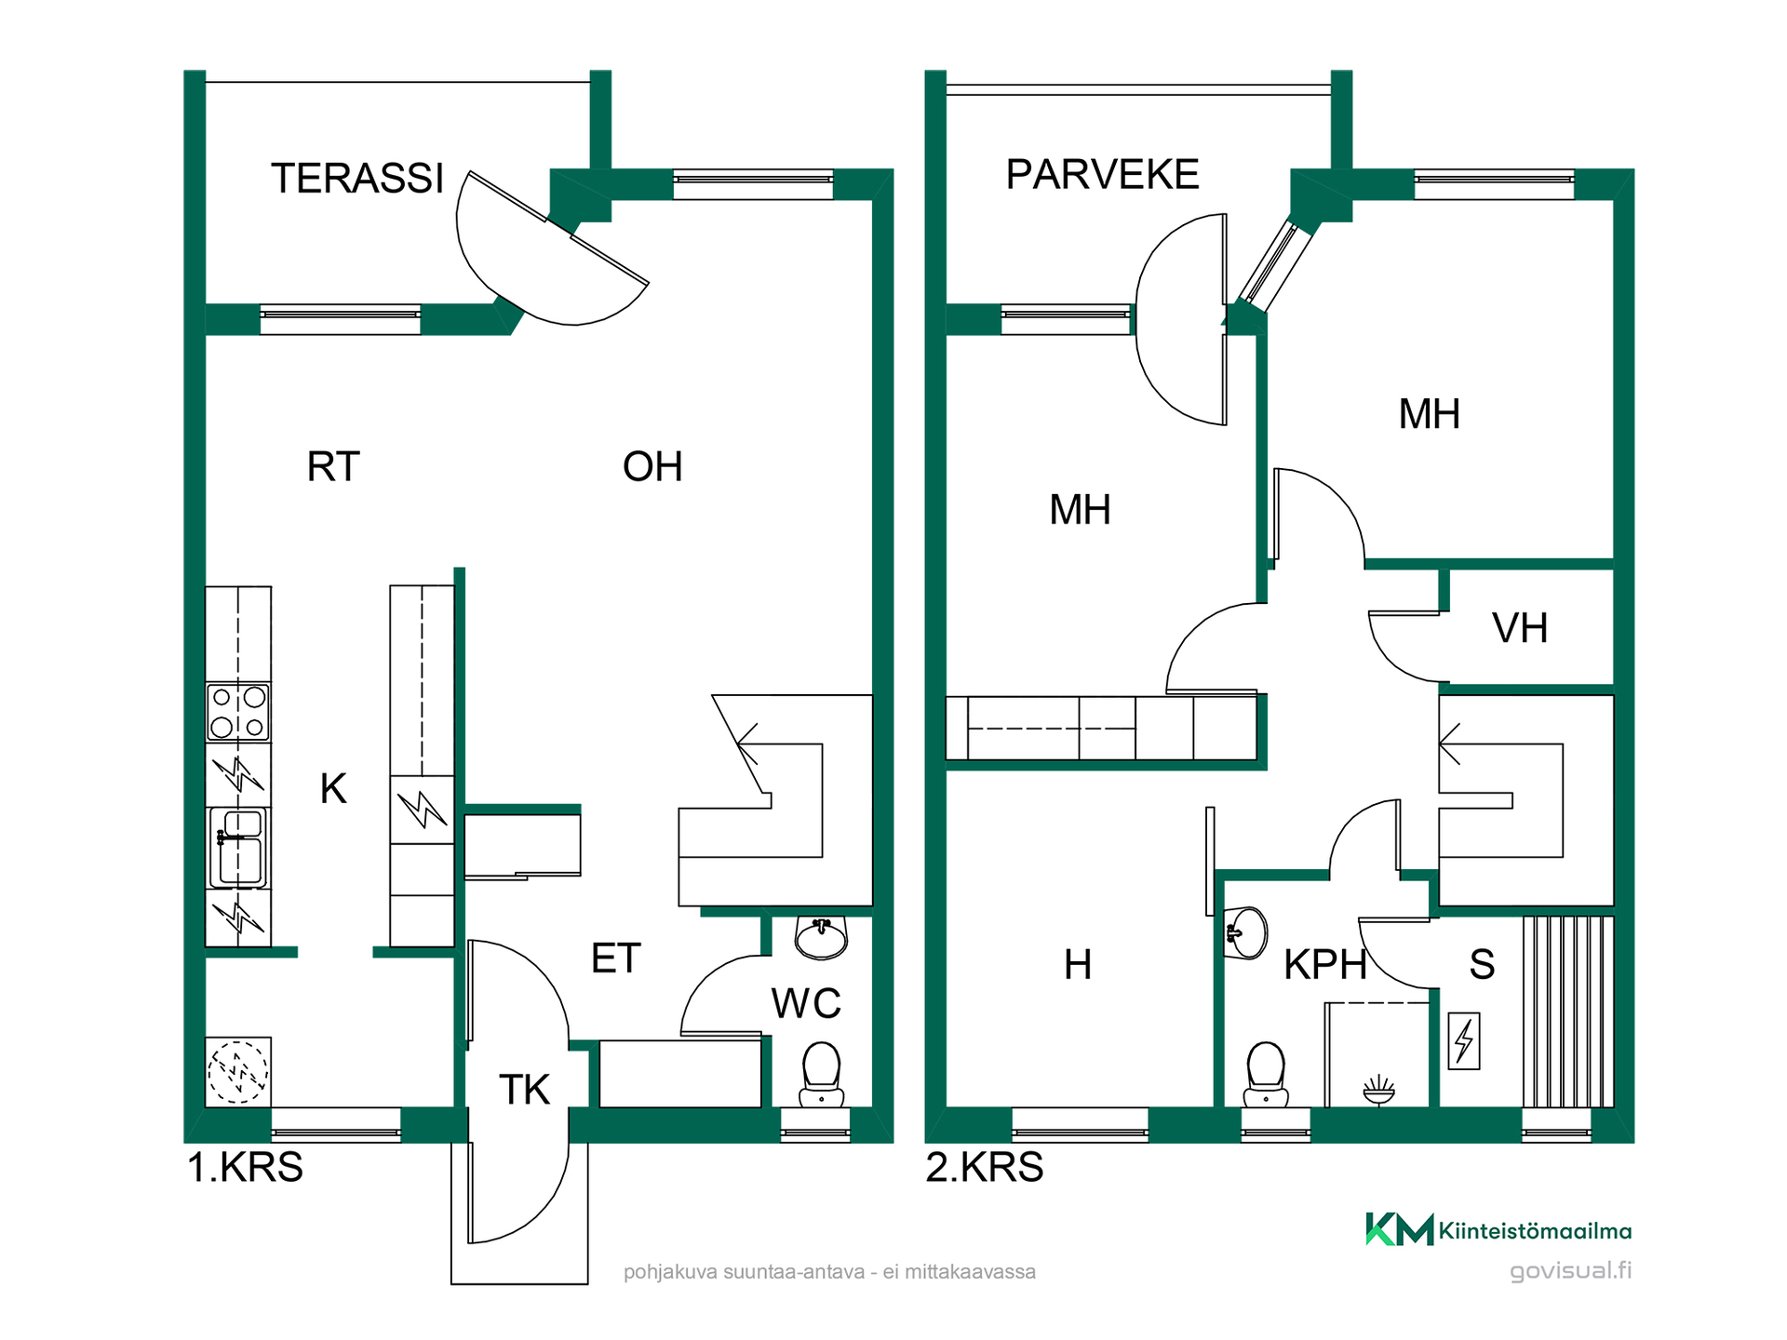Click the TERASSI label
(357, 178)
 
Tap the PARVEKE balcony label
(1102, 174)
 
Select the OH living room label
(652, 466)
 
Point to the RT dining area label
(333, 466)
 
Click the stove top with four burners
(238, 712)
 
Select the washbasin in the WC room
(821, 937)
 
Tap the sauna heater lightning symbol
(1464, 1040)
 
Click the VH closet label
(1520, 628)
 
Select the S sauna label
(1482, 964)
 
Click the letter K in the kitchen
(333, 788)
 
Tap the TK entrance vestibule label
(524, 1089)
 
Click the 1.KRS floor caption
(245, 1167)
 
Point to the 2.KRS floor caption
(984, 1167)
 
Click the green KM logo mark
(1399, 1229)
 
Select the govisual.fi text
(1570, 1270)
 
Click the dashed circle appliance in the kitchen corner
(238, 1071)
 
